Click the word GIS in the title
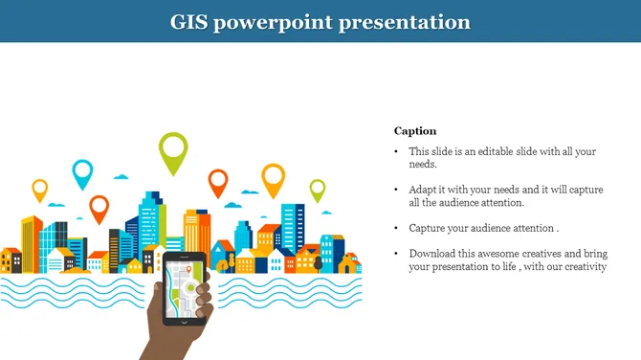point(189,21)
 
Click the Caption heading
point(415,131)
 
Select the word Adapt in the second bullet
point(423,190)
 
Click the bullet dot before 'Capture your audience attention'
point(397,229)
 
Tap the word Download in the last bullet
point(432,254)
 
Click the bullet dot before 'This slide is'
point(397,151)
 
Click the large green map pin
point(173,151)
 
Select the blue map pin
point(83,172)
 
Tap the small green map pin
point(317,188)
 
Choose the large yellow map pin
point(274,177)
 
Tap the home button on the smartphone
point(184,318)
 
